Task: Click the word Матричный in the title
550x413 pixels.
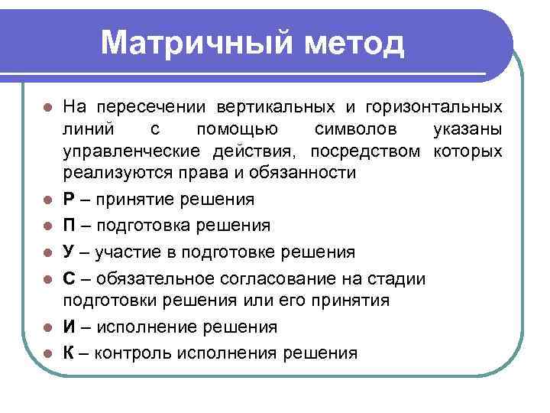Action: point(196,43)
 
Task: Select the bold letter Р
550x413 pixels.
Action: point(69,200)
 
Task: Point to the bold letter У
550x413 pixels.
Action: point(69,252)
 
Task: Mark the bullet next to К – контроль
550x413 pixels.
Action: point(47,353)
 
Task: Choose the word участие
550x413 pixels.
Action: point(127,252)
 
